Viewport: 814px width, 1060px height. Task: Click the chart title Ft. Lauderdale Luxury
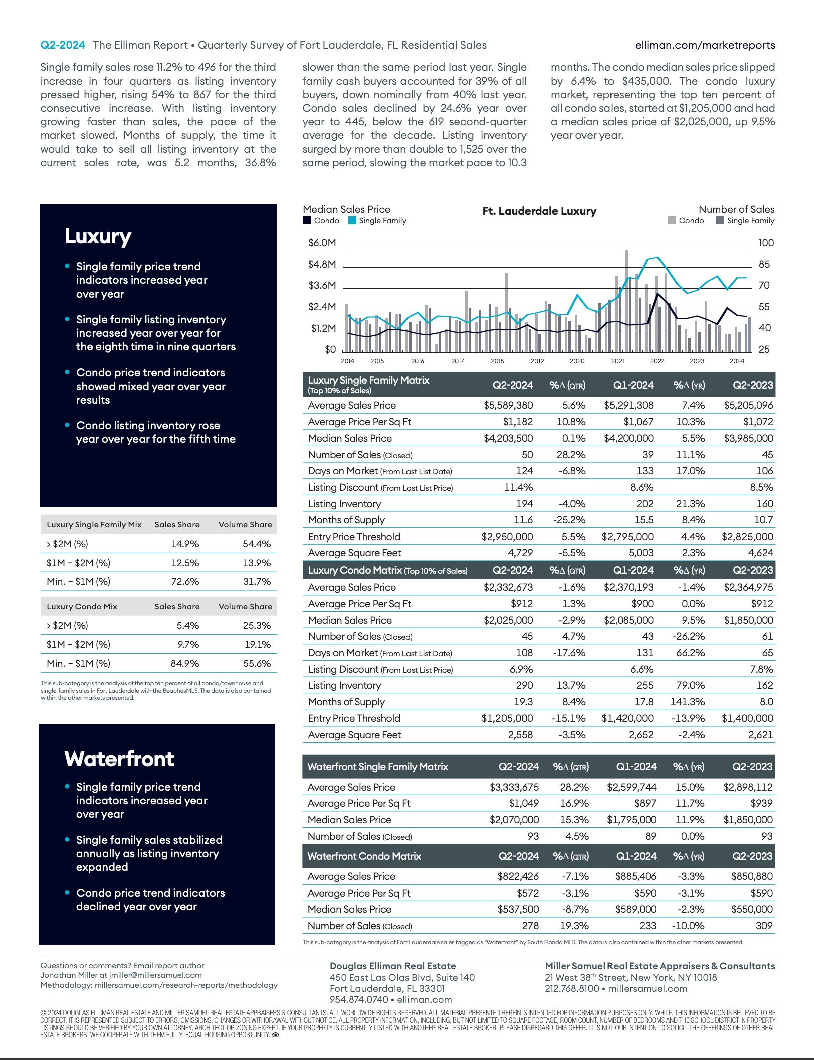539,211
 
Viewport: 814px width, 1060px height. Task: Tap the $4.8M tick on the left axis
322,264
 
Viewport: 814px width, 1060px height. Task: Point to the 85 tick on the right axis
764,264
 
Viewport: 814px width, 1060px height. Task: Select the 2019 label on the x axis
537,361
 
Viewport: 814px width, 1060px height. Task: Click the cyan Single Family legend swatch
352,221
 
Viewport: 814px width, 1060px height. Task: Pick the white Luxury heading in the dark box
98,236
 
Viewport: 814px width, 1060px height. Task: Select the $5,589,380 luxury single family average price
508,405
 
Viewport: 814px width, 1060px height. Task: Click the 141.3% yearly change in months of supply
688,702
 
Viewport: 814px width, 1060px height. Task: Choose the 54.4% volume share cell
257,544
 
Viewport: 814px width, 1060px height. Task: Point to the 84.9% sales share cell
185,663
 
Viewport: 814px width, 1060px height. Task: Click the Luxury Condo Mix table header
82,606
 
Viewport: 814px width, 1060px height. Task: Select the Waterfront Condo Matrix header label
364,856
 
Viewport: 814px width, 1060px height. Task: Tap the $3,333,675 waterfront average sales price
514,787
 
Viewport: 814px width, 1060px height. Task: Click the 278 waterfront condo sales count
530,926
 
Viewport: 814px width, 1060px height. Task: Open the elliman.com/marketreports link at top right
705,45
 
